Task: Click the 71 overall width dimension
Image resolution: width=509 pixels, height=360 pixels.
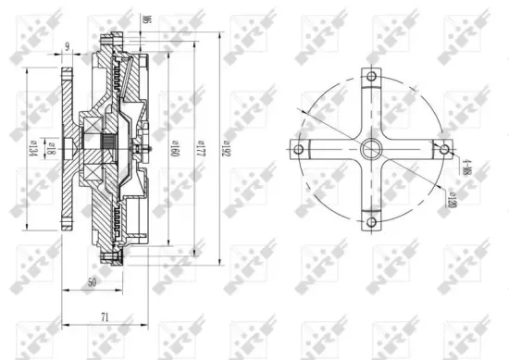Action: click(x=105, y=317)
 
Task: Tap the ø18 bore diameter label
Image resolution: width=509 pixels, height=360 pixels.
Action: click(x=51, y=148)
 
